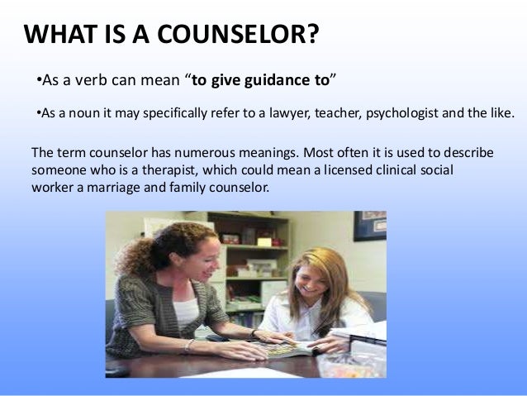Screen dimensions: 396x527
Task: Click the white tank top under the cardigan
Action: [186, 310]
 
